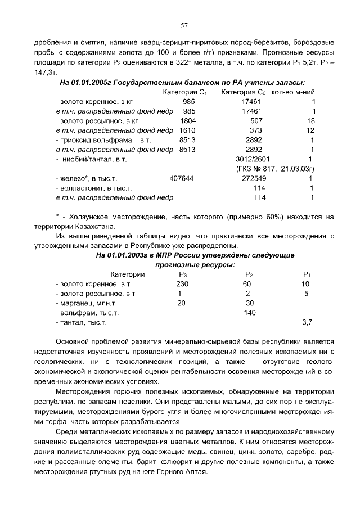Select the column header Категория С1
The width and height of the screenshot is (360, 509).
(x=185, y=92)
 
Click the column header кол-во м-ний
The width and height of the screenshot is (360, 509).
(x=292, y=92)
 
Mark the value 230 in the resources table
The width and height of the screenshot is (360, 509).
(x=182, y=284)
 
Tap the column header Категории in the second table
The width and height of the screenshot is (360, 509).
(x=128, y=274)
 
